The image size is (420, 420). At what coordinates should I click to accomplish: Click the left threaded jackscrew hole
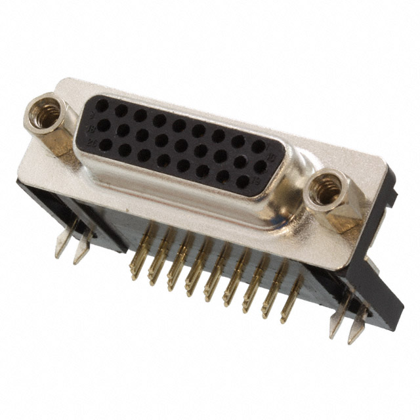(46, 112)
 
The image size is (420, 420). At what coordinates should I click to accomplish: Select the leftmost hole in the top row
(102, 105)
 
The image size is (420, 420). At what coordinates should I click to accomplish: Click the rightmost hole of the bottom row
(243, 182)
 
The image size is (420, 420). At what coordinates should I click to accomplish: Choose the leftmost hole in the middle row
(104, 125)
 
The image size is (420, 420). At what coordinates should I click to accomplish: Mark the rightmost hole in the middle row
(261, 166)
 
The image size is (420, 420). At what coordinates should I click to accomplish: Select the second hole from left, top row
(121, 110)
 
